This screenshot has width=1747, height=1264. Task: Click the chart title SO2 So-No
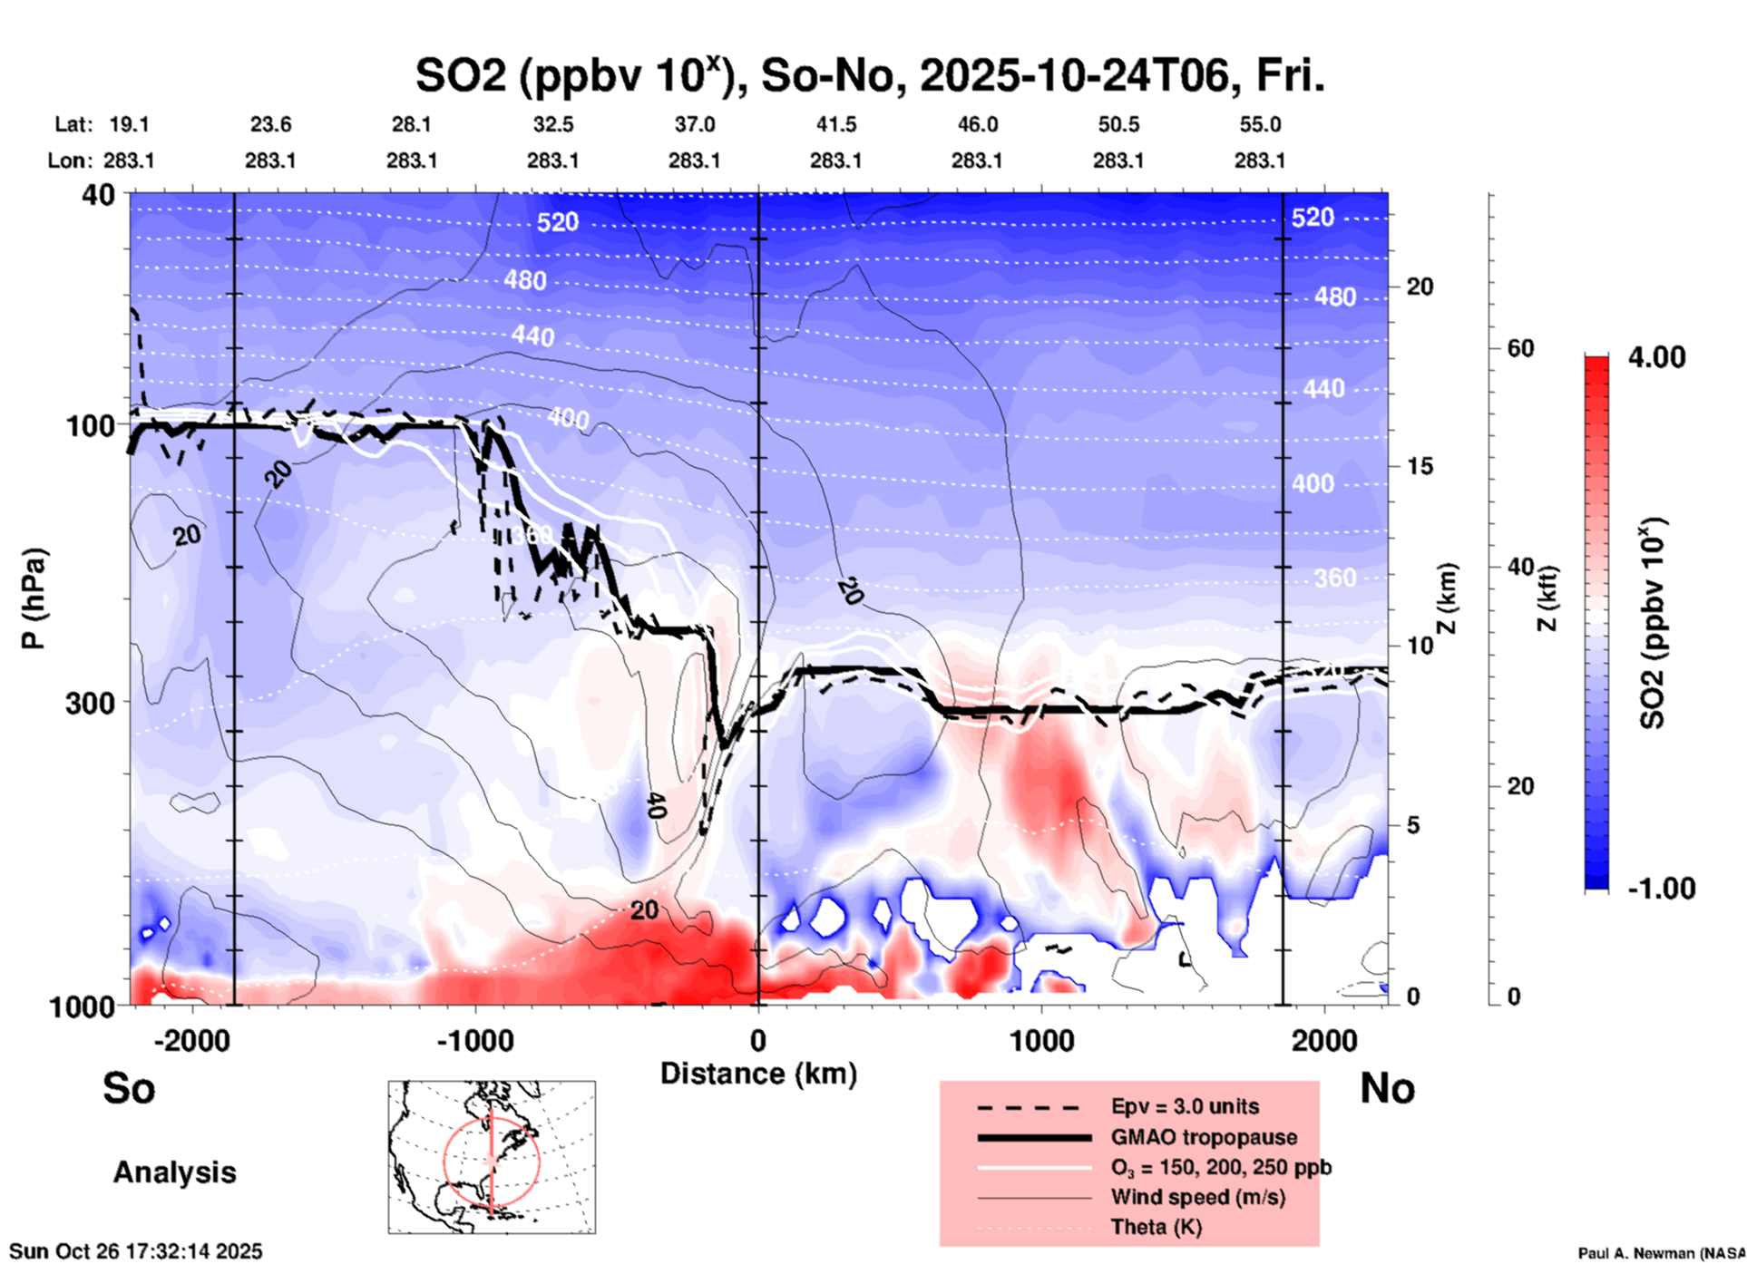point(870,76)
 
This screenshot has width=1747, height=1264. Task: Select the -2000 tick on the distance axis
point(192,1040)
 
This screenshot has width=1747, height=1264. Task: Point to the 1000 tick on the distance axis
point(1042,1040)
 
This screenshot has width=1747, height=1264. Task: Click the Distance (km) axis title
point(758,1074)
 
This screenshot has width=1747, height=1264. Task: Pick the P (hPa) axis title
point(34,598)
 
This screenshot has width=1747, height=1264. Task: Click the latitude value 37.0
point(694,124)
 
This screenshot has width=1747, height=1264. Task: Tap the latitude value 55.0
point(1260,124)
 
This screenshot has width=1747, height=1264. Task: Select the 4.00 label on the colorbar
point(1656,357)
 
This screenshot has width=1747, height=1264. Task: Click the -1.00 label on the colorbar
point(1661,888)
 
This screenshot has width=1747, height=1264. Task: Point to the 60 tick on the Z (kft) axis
point(1521,348)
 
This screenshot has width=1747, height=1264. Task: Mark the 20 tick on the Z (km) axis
point(1420,287)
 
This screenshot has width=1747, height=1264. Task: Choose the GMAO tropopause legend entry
point(1204,1137)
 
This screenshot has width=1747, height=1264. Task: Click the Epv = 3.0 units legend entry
point(1185,1106)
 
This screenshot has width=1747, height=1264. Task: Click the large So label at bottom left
point(129,1088)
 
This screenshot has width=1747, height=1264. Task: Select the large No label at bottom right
point(1387,1088)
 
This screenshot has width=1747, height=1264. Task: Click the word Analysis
point(174,1172)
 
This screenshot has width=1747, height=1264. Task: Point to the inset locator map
point(492,1157)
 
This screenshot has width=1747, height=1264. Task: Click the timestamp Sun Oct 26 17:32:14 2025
point(136,1251)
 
